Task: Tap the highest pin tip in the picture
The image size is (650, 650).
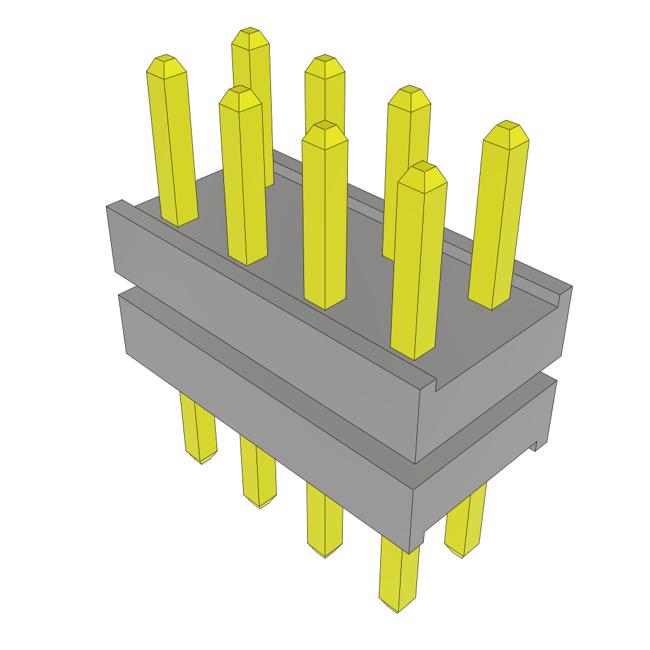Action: pos(249,32)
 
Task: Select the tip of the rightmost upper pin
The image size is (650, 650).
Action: pos(507,124)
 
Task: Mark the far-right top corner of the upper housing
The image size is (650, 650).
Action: pos(571,286)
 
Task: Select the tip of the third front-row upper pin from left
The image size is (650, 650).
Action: pos(324,125)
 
